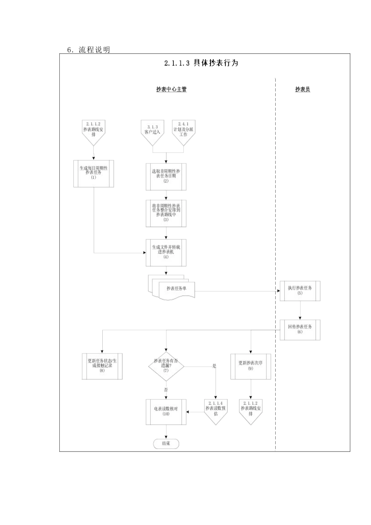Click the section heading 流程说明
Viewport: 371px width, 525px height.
pyautogui.click(x=94, y=50)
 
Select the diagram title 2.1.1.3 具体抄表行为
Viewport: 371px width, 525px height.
pyautogui.click(x=201, y=63)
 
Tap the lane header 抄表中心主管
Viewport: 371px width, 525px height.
pyautogui.click(x=171, y=89)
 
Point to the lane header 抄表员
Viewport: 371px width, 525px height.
pyautogui.click(x=303, y=89)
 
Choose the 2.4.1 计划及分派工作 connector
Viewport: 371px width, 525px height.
pyautogui.click(x=184, y=131)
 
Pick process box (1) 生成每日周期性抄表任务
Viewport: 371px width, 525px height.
pyautogui.click(x=94, y=173)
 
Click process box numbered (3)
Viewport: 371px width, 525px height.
pyautogui.click(x=166, y=213)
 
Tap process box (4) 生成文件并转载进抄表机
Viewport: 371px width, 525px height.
pyautogui.click(x=166, y=252)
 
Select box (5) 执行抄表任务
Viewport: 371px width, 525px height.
pyautogui.click(x=300, y=291)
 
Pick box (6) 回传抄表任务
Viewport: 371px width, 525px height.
pyautogui.click(x=300, y=330)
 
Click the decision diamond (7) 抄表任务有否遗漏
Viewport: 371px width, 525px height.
pyautogui.click(x=166, y=366)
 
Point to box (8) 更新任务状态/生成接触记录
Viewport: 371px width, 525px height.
pyautogui.click(x=102, y=366)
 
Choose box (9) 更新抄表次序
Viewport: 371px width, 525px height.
pyautogui.click(x=250, y=366)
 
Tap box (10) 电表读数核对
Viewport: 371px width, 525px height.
pyautogui.click(x=166, y=412)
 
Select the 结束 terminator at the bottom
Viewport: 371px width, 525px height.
pyautogui.click(x=166, y=444)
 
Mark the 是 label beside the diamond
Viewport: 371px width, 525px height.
pyautogui.click(x=214, y=366)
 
